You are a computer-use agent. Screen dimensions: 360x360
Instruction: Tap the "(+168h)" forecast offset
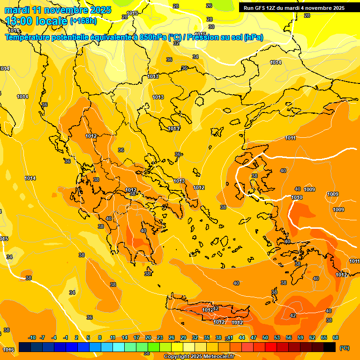coord(83,21)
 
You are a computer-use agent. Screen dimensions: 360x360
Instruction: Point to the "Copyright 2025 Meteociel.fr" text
coord(199,357)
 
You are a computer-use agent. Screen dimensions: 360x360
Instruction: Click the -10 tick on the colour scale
coord(32,337)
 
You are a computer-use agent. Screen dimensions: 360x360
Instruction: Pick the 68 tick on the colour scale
coord(335,337)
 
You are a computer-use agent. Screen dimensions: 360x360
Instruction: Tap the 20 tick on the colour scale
coord(148,337)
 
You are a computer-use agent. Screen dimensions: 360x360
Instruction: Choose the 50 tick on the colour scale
coord(265,337)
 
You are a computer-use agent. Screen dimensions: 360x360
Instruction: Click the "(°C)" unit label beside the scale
coord(345,348)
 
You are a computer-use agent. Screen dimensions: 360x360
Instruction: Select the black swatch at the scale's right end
coord(330,347)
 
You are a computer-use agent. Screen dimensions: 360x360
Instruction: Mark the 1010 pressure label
coord(297,198)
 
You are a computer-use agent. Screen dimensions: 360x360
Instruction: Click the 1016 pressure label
coord(8,350)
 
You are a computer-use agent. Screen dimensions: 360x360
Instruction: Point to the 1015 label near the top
coord(132,13)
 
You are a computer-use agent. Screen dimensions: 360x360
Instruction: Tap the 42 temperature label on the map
coord(293,315)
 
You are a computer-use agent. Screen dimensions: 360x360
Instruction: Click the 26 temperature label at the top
coord(209,6)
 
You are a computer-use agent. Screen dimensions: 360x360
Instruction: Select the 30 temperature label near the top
coord(211,27)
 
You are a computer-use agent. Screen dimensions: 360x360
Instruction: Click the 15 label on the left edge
coord(4,239)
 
